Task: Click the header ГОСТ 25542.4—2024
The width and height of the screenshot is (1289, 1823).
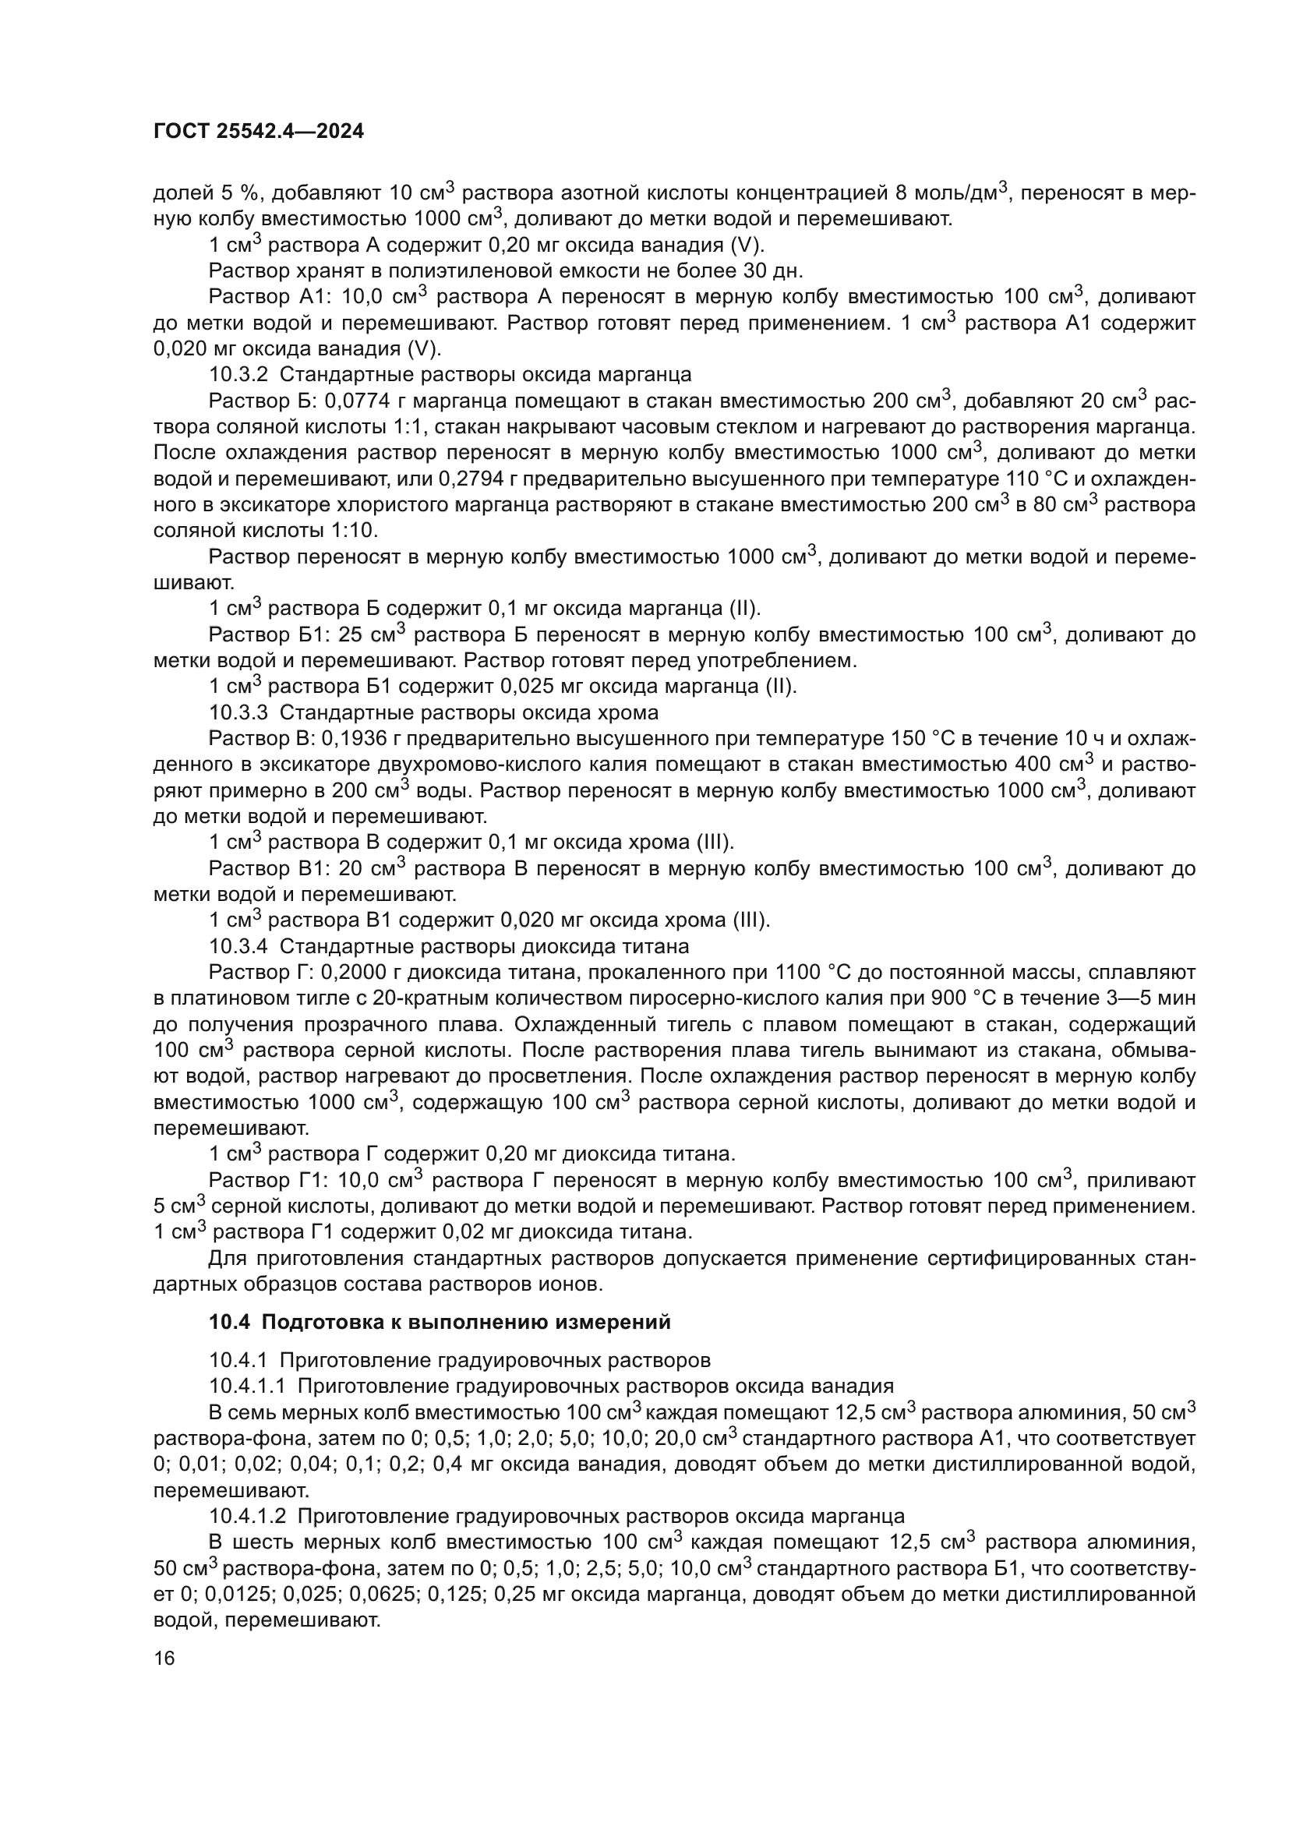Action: pos(258,132)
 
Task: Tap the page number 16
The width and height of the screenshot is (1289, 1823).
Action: pos(164,1659)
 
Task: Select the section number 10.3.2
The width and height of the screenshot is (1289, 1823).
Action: pos(238,375)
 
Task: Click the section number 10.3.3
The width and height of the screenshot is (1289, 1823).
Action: pos(238,712)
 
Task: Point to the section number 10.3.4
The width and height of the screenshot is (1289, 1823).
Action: pos(238,946)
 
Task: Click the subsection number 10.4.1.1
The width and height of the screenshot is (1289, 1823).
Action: pos(246,1387)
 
